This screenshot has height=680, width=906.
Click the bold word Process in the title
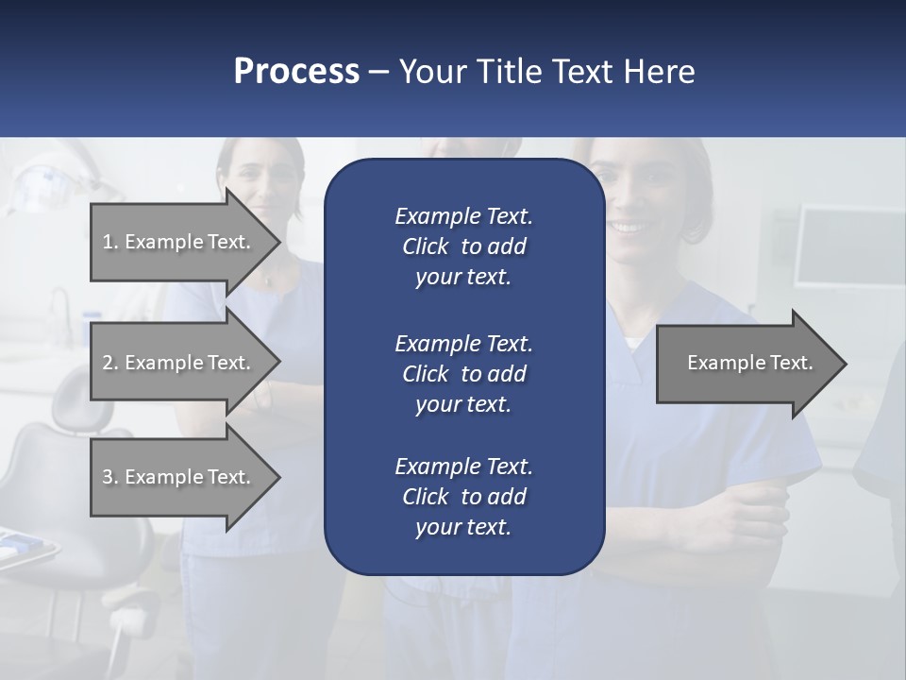296,71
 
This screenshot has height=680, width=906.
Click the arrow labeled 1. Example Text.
179,242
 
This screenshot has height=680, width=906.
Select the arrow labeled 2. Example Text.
179,363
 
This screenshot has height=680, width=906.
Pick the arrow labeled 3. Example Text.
179,477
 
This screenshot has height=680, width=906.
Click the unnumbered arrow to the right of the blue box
746,363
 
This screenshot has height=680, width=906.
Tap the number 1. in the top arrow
110,242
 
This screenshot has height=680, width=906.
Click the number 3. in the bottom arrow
110,477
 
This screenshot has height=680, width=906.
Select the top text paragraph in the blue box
463,246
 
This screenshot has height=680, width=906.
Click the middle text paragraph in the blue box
463,373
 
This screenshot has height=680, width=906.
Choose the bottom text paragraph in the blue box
463,496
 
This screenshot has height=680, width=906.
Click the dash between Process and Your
378,72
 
